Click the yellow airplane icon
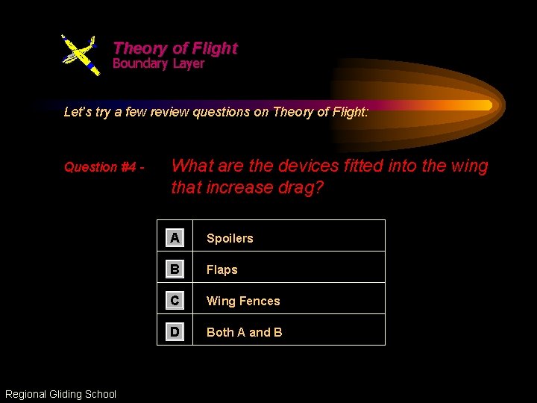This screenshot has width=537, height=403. pyautogui.click(x=80, y=54)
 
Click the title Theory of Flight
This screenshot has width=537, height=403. pyautogui.click(x=175, y=49)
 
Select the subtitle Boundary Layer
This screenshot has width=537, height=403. pyautogui.click(x=158, y=64)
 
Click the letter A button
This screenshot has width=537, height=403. pyautogui.click(x=175, y=238)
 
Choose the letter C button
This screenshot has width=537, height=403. pyautogui.click(x=175, y=301)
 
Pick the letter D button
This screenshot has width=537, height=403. pyautogui.click(x=175, y=332)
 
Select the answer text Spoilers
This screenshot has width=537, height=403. pyautogui.click(x=230, y=239)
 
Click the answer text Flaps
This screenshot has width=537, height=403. pyautogui.click(x=222, y=270)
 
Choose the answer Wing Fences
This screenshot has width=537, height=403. pyautogui.click(x=243, y=302)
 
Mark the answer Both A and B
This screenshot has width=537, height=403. pyautogui.click(x=244, y=333)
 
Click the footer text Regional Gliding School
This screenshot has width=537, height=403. pyautogui.click(x=60, y=394)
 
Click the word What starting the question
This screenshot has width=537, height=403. pyautogui.click(x=193, y=166)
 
